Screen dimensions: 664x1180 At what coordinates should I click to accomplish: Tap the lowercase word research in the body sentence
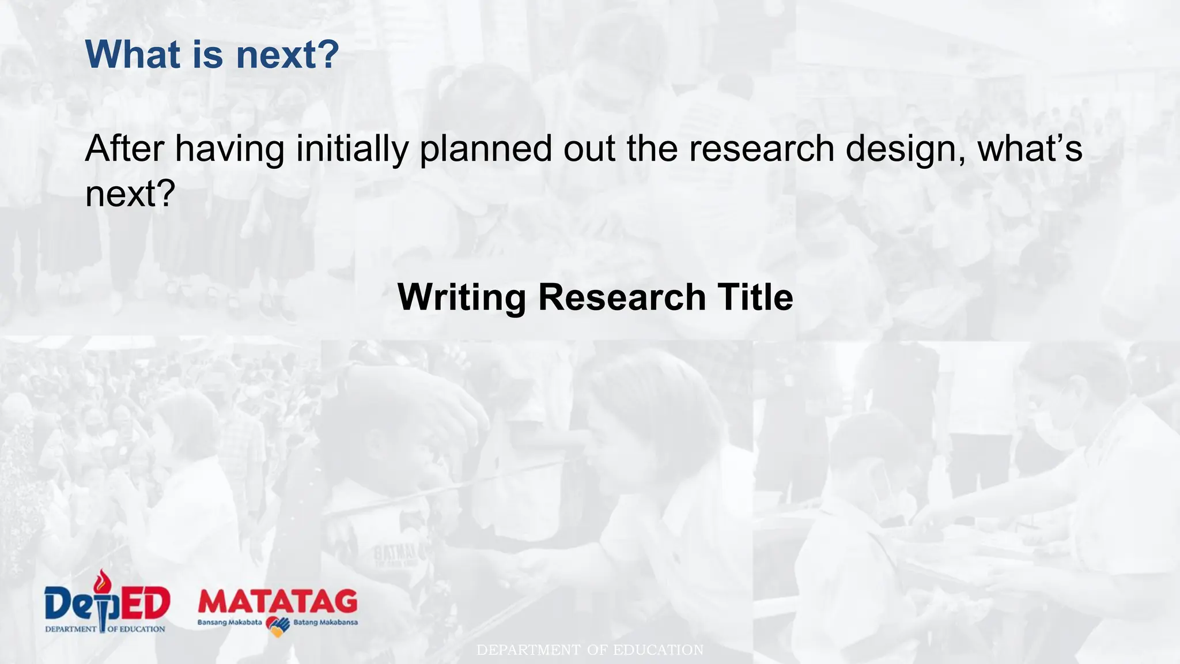coord(761,149)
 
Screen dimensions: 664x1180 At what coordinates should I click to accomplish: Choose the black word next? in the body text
coord(130,194)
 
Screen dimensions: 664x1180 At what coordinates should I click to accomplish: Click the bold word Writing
coord(462,298)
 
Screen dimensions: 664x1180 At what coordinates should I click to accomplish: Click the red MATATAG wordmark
coord(278,602)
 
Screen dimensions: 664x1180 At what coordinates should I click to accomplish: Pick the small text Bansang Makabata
coord(229,622)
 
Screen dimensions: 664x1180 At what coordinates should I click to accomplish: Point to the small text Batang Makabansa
coord(326,622)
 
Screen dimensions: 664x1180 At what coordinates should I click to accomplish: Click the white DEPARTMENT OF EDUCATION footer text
coord(590,650)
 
